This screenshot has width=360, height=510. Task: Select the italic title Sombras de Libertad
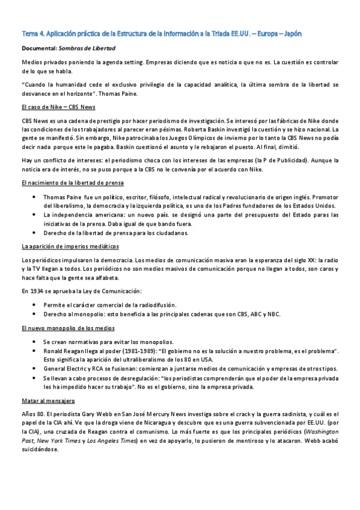coord(94,48)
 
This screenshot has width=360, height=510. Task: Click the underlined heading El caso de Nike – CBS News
coord(58,107)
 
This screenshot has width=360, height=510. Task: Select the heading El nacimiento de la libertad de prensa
coord(73,182)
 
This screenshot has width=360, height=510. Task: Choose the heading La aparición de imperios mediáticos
coord(70,247)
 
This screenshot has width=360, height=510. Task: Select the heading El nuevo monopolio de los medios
coord(66,328)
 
